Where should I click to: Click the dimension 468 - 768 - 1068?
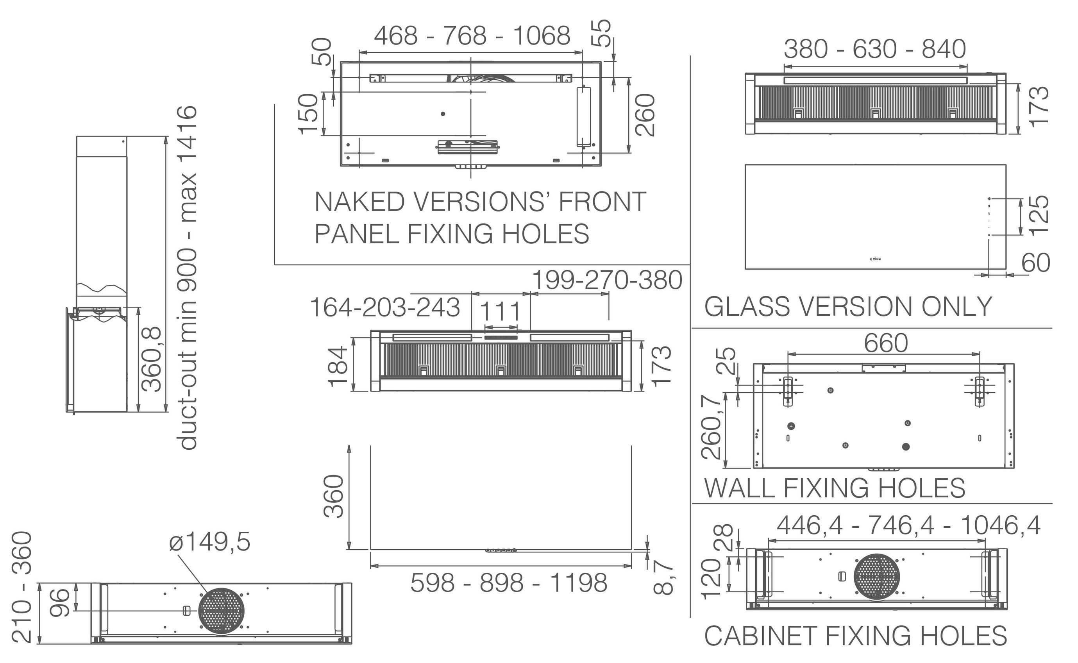click(x=472, y=36)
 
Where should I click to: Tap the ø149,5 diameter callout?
click(x=209, y=542)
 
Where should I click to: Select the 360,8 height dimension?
click(x=153, y=359)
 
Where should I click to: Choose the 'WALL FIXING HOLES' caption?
click(x=835, y=488)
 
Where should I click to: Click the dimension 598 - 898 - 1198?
click(x=509, y=583)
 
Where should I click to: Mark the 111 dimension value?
click(x=501, y=311)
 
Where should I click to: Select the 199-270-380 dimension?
click(x=607, y=280)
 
